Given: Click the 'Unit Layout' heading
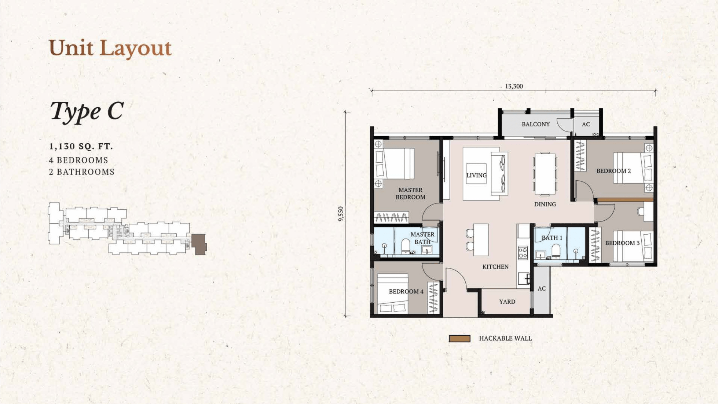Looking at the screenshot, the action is [x=110, y=48].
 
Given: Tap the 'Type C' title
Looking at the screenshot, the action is [x=87, y=111].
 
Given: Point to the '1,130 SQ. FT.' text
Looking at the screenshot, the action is [x=81, y=146].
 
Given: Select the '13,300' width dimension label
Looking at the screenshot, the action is [x=514, y=86].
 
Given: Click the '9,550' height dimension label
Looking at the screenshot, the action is [x=341, y=214].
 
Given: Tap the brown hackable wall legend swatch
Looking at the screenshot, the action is [x=459, y=338].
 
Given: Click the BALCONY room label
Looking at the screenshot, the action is [x=536, y=124].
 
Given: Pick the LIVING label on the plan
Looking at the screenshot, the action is [x=476, y=176].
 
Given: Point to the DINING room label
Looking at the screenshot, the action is [x=545, y=204].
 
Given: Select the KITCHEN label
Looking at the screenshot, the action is [x=495, y=267].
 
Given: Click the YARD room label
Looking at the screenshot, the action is [x=507, y=302].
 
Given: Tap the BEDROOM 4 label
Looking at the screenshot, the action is [x=406, y=292].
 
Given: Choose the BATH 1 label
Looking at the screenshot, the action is [x=552, y=238].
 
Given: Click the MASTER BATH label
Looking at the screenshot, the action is [x=422, y=238].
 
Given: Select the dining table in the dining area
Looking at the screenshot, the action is [x=545, y=174].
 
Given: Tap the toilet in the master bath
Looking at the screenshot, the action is [x=406, y=246].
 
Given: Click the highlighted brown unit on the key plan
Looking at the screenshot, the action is [x=199, y=244].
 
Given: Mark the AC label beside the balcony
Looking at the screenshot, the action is [x=586, y=124].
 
